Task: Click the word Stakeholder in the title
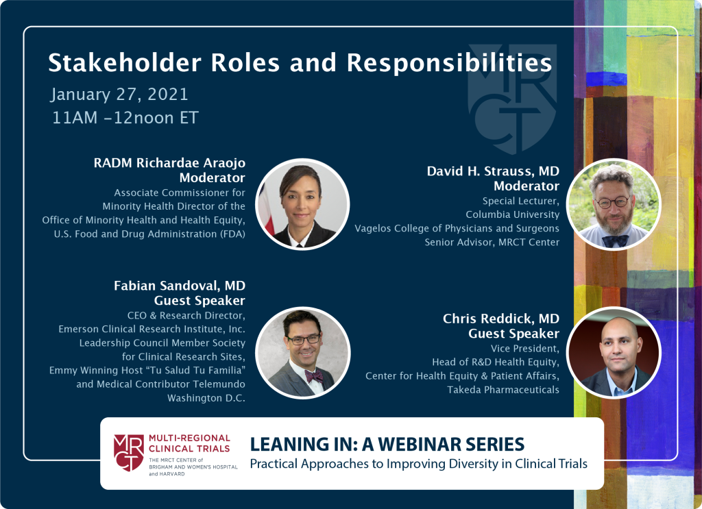pos(125,62)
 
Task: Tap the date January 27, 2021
pos(119,95)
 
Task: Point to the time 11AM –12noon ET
pos(125,118)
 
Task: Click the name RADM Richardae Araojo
pos(169,163)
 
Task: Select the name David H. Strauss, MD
pos(493,171)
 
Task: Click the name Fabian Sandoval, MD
pos(180,286)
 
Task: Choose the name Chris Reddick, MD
pos(501,319)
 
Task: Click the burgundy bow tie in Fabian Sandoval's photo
pos(314,376)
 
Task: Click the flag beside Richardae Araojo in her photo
pos(268,210)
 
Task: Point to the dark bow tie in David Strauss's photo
pos(615,241)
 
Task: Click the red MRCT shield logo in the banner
pos(128,452)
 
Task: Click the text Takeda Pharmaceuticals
pos(503,390)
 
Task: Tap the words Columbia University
pos(513,214)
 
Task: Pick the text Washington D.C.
pos(206,398)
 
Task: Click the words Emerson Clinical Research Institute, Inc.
pos(152,330)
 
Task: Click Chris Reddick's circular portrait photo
pos(614,352)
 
